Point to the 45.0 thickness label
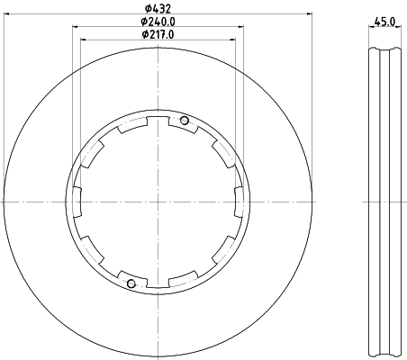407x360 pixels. (x=386, y=21)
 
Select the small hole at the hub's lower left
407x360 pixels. (x=132, y=285)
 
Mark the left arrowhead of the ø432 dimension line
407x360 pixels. (x=8, y=14)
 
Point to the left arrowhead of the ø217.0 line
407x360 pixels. (x=83, y=40)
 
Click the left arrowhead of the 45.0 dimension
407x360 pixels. (x=372, y=27)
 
